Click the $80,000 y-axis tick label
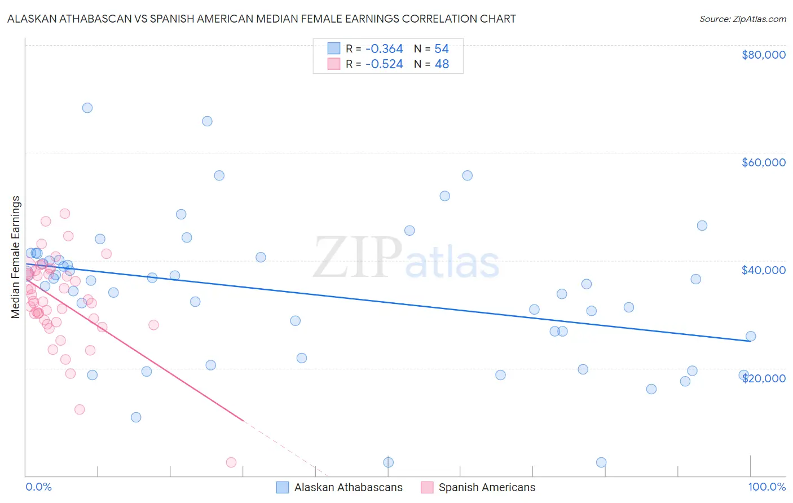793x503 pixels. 763,55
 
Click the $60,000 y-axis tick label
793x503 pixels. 763,162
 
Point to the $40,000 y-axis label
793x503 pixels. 763,270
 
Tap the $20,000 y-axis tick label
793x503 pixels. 763,378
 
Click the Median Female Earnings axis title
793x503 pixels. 16,257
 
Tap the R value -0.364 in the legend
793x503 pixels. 384,49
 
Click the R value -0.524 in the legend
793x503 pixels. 384,64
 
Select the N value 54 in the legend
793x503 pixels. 442,49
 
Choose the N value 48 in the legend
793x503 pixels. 442,64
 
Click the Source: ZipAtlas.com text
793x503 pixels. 742,19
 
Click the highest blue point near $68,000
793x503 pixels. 87,108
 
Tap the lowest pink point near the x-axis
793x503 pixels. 231,462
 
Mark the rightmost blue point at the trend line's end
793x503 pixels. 751,336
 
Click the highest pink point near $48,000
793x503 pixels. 65,214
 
